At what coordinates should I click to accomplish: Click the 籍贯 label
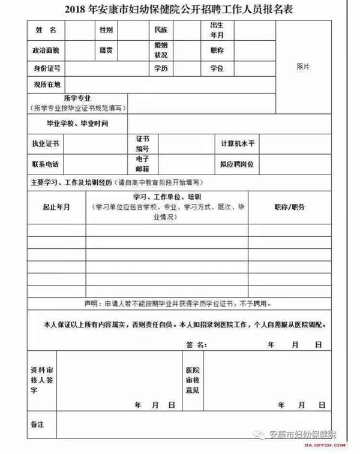tap(106, 50)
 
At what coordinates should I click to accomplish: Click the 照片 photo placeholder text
tap(303, 67)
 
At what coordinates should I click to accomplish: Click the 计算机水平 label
tap(238, 145)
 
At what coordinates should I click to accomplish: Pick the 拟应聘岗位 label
tap(238, 164)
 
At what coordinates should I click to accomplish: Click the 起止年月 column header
tap(56, 207)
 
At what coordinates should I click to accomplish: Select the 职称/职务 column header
tap(290, 207)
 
